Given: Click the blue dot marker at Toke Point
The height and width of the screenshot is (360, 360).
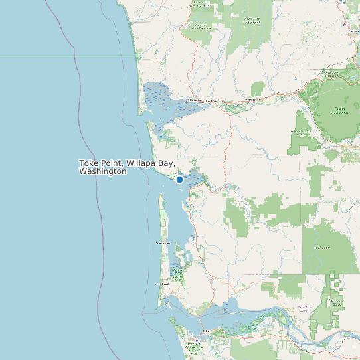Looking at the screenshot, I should click(x=179, y=179).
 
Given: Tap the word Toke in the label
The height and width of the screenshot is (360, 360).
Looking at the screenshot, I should click(x=89, y=163).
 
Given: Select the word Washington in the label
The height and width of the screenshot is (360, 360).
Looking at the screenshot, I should click(x=102, y=171).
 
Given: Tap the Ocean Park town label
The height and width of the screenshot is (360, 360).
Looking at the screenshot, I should click(x=163, y=244).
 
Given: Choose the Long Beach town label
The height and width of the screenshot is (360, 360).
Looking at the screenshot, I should click(x=161, y=284).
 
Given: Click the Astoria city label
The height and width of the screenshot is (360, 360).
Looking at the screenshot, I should click(x=206, y=331).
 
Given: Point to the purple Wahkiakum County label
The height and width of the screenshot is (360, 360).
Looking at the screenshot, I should click(x=303, y=308).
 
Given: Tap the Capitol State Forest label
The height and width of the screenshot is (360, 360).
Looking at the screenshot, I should click(x=340, y=110).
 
